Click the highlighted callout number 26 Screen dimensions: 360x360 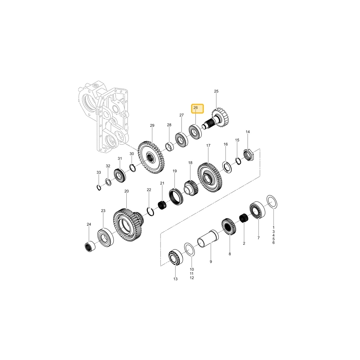point(195,108)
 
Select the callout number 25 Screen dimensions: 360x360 point(216,91)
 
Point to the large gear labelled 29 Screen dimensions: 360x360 point(151,158)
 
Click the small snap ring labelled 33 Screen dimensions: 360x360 point(99,187)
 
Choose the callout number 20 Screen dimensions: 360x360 point(126,191)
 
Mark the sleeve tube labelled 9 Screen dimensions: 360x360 point(208,239)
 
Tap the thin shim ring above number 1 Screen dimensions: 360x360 point(272,202)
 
